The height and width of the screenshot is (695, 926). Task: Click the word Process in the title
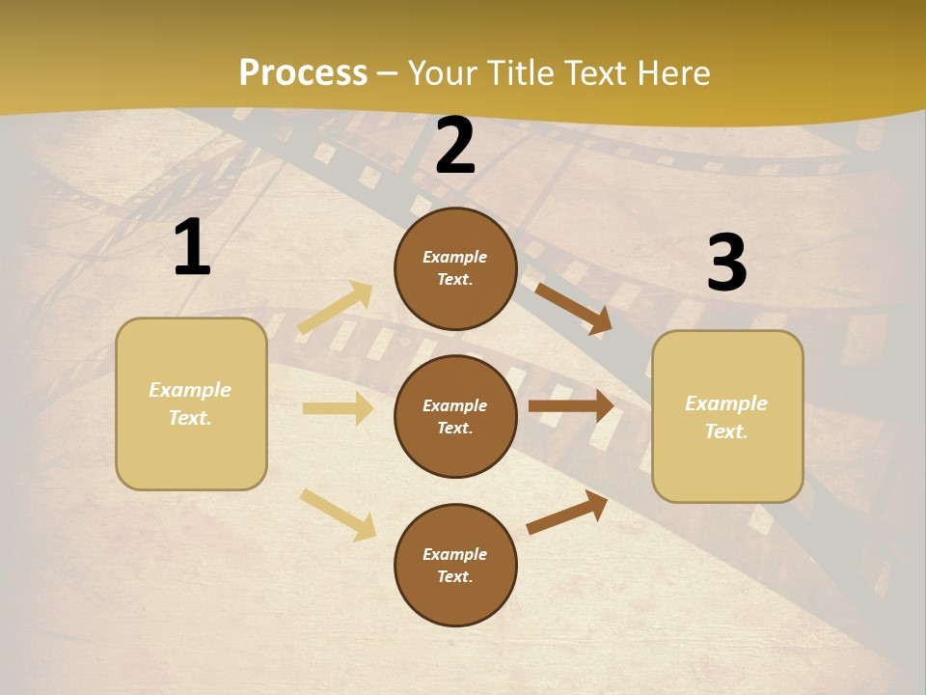tap(303, 73)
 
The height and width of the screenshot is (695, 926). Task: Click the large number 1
tap(192, 248)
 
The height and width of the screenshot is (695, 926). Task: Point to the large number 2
tap(455, 147)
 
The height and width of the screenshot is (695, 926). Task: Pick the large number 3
tap(726, 264)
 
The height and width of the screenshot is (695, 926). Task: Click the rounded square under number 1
tap(191, 403)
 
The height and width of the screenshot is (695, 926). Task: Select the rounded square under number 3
tap(727, 417)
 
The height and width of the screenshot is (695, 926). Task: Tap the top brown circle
tap(455, 268)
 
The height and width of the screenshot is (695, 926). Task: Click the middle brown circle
tap(455, 416)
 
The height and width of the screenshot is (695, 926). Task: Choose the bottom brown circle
tap(455, 565)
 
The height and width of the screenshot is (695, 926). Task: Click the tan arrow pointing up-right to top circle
tap(336, 307)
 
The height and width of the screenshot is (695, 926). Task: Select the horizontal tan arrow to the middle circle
tap(338, 408)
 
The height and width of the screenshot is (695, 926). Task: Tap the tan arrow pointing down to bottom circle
tap(338, 514)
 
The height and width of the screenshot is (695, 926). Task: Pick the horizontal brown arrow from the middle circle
tap(571, 405)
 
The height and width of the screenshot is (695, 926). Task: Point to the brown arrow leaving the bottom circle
tap(567, 512)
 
